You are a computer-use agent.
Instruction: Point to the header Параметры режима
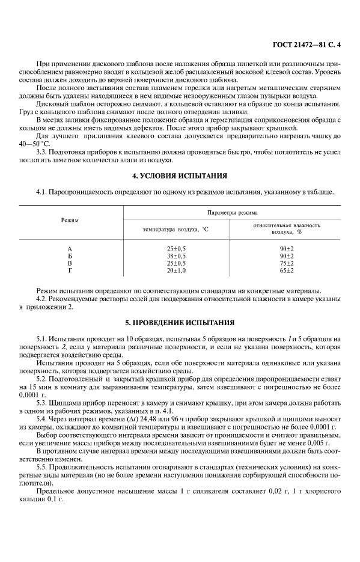coord(232,212)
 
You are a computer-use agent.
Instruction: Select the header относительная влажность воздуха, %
coord(286,228)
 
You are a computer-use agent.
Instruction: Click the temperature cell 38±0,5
coord(176,255)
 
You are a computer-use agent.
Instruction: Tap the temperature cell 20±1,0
coord(176,270)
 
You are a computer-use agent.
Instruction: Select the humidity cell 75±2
coord(286,263)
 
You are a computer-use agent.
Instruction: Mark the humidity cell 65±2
coord(286,270)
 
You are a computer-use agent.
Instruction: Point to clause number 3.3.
coord(43,153)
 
